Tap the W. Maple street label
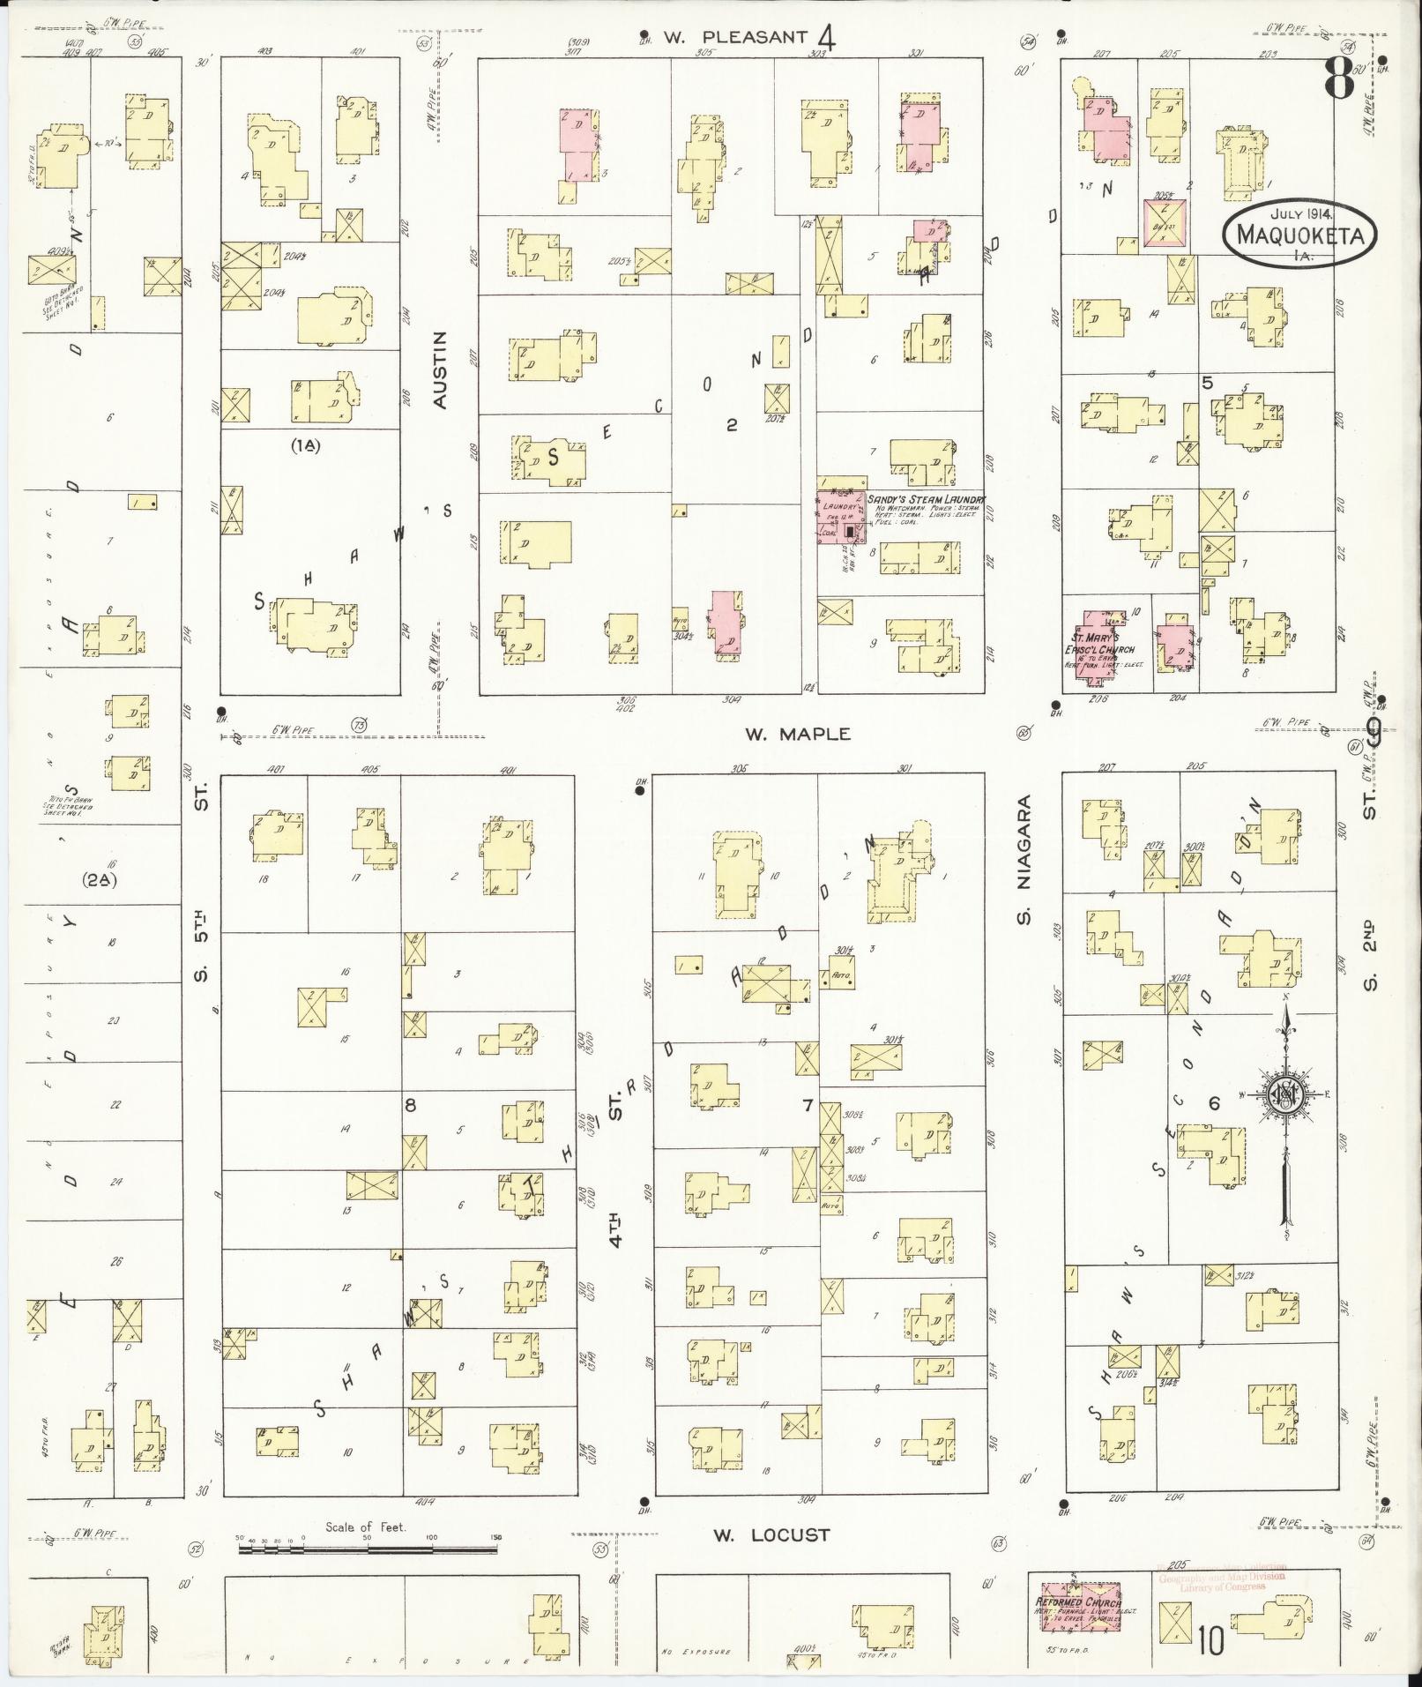pos(798,734)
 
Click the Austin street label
pos(442,370)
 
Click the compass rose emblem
pos(1285,1094)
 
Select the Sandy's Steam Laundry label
pos(925,499)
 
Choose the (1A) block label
pos(305,446)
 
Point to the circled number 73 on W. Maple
pos(359,725)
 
